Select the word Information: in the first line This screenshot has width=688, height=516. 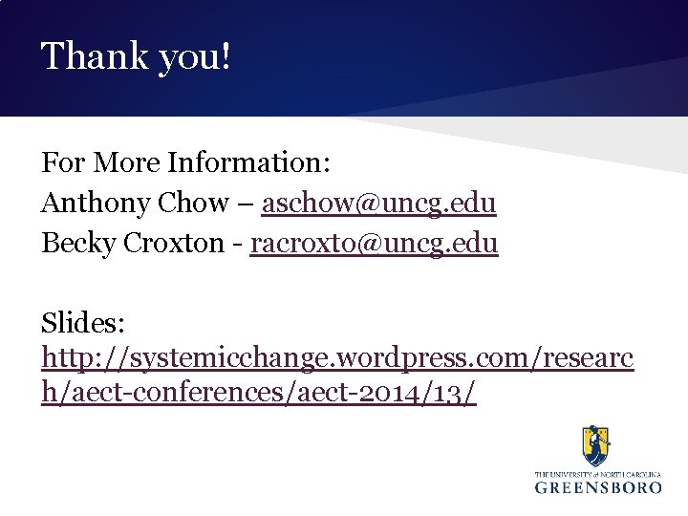point(249,162)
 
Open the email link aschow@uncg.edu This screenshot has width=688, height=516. point(378,204)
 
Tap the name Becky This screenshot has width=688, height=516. point(72,244)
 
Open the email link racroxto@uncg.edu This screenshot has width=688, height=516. point(374,244)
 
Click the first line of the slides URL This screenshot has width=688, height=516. point(337,358)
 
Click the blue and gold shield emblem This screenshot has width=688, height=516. point(597,445)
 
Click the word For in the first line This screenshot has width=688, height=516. point(59,162)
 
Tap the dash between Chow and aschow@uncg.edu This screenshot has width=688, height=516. point(246,204)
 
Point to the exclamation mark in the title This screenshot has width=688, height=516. point(226,57)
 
